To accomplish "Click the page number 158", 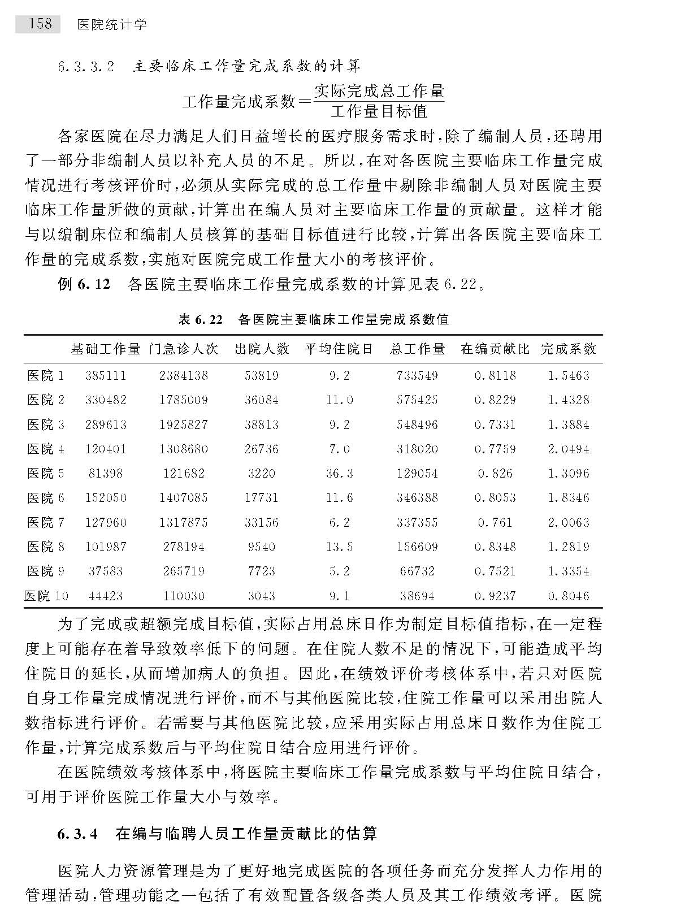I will (x=40, y=24).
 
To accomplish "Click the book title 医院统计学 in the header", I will (x=111, y=24).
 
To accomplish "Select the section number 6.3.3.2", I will (x=86, y=67).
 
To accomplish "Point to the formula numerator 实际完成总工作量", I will (x=379, y=91).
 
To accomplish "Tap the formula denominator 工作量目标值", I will (x=379, y=111).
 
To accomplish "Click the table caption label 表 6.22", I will (x=201, y=319).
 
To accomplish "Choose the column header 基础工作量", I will (x=106, y=349).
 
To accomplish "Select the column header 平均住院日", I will (x=339, y=349).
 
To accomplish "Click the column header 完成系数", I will (x=568, y=349).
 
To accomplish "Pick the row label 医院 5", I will (x=46, y=473).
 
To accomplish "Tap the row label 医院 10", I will (x=46, y=596).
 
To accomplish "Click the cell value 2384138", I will (x=184, y=375).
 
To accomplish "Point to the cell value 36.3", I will (x=339, y=473).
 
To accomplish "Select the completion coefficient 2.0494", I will (x=568, y=449).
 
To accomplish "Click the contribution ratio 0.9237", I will (x=495, y=596).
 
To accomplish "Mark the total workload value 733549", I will (x=417, y=375).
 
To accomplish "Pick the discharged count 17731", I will (x=261, y=498).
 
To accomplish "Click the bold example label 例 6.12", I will (x=84, y=284).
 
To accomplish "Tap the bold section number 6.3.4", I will (x=78, y=834).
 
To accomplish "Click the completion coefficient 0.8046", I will (x=568, y=596).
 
